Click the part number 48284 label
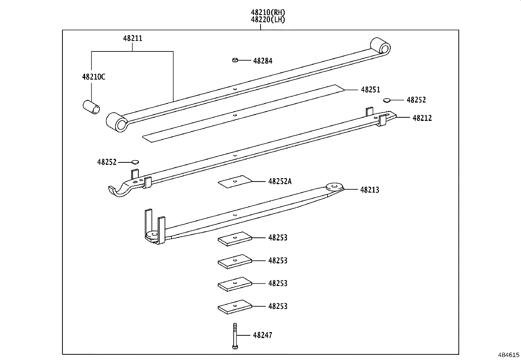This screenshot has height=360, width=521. pyautogui.click(x=262, y=61)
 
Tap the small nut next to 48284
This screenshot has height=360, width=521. pyautogui.click(x=235, y=60)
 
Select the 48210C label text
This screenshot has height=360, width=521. pyautogui.click(x=94, y=77)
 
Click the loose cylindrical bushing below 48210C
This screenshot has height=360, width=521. pyautogui.click(x=91, y=107)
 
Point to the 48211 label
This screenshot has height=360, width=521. pyautogui.click(x=133, y=38)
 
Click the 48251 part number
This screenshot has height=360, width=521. pyautogui.click(x=370, y=90)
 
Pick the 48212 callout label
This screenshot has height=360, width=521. pyautogui.click(x=422, y=118)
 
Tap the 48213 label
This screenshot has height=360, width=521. pyautogui.click(x=369, y=190)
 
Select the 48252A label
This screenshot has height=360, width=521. pyautogui.click(x=279, y=181)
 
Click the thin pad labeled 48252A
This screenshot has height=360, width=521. pyautogui.click(x=235, y=181)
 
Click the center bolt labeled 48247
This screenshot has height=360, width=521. pyautogui.click(x=235, y=336)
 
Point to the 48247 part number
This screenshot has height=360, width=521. pyautogui.click(x=262, y=335)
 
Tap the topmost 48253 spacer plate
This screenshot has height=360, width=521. pyautogui.click(x=235, y=238)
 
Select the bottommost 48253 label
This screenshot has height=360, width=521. pyautogui.click(x=278, y=306)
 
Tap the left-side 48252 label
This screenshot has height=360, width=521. pyautogui.click(x=107, y=162)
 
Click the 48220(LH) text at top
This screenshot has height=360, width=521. pyautogui.click(x=268, y=20)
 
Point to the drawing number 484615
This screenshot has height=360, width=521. pyautogui.click(x=509, y=355)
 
